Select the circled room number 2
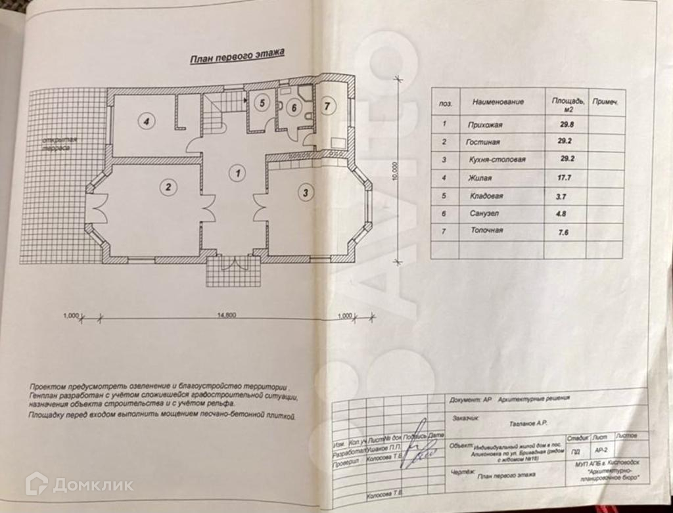169,187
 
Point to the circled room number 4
147,121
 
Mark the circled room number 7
328,104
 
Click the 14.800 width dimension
226,315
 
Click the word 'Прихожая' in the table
486,124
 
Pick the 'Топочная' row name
487,231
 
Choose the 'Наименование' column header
498,102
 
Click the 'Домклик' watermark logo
79,485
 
